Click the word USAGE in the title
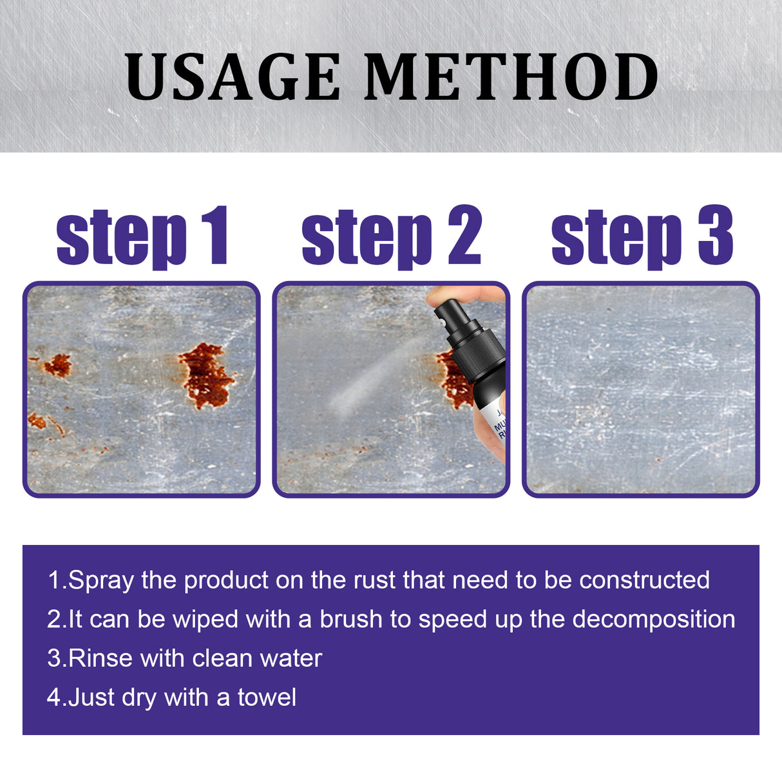(233, 77)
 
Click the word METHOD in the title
(511, 77)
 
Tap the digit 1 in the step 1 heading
(215, 236)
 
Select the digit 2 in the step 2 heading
(464, 236)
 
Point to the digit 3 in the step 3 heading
(715, 236)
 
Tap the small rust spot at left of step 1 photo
(57, 365)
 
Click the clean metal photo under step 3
(640, 389)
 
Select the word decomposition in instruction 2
(654, 619)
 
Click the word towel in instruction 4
(267, 698)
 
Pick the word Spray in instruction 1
(101, 581)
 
